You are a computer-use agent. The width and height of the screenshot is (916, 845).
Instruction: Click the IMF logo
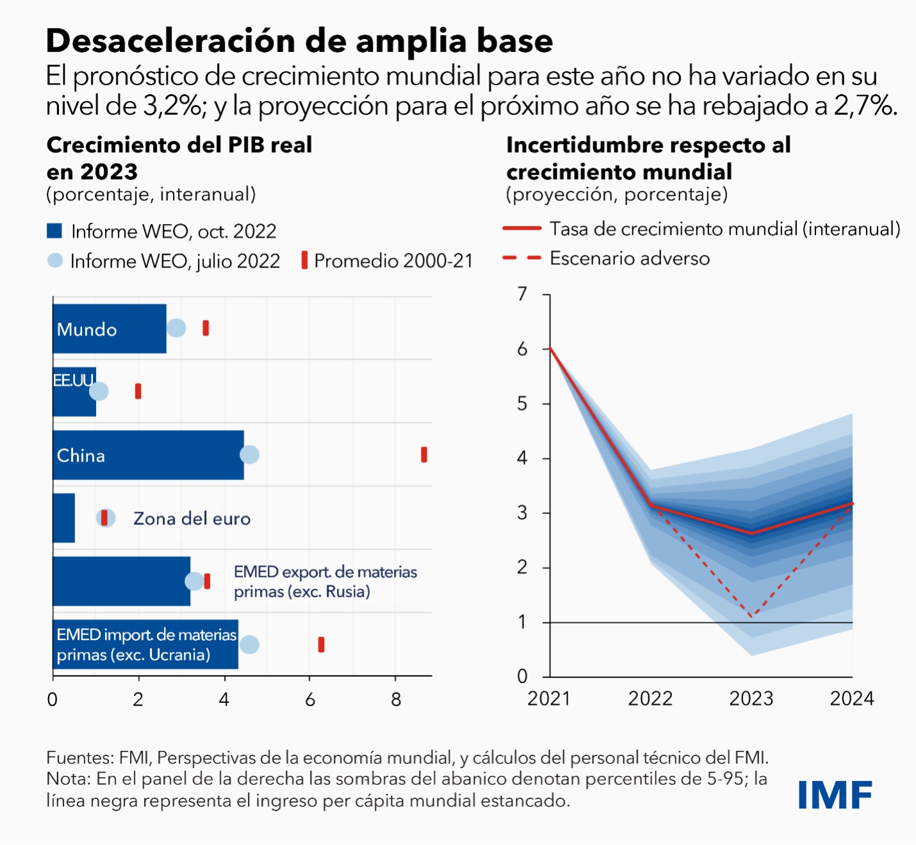tap(835, 795)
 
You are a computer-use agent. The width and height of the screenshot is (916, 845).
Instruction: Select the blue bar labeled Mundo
tap(109, 328)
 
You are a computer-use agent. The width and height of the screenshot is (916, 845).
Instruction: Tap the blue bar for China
tap(148, 455)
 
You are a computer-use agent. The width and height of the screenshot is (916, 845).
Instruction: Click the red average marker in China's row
tap(424, 455)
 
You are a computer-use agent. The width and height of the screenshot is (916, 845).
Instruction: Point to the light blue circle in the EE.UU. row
tap(99, 391)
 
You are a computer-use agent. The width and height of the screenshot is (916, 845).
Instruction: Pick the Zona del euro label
tap(192, 519)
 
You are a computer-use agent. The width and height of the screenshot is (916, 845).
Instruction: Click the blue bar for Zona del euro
tap(64, 518)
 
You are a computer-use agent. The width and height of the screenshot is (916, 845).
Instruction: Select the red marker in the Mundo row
tap(206, 328)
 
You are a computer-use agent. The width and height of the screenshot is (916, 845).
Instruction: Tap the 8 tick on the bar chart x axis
tap(396, 700)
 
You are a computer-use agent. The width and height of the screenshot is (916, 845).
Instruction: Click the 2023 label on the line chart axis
tap(751, 698)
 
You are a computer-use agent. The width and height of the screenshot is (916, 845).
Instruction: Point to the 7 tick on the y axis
tap(523, 294)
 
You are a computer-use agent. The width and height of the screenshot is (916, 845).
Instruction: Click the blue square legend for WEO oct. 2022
tap(54, 231)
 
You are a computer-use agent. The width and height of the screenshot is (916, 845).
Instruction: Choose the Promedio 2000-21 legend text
tap(393, 261)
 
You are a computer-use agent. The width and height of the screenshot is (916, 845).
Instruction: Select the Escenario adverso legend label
tap(630, 259)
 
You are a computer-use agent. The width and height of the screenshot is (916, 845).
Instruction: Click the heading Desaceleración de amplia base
tap(299, 41)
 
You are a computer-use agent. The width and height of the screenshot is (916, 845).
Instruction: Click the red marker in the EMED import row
tap(321, 645)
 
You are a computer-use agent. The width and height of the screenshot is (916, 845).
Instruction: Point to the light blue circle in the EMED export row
tap(193, 581)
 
